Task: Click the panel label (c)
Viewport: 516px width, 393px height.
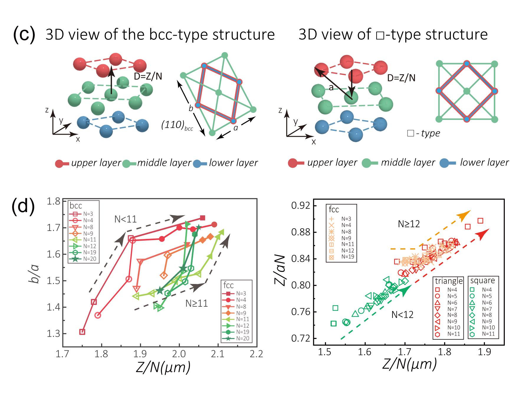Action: tap(24, 35)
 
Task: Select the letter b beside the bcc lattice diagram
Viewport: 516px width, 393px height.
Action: tap(191, 108)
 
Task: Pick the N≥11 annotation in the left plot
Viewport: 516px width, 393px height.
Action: tap(197, 303)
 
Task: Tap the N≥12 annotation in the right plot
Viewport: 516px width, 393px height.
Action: tap(409, 224)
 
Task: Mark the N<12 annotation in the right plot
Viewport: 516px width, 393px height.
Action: tap(402, 315)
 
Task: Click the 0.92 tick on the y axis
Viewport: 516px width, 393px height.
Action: tap(301, 206)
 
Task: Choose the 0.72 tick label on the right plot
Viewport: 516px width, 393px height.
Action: tap(301, 338)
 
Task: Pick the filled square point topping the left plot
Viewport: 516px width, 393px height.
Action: tap(203, 218)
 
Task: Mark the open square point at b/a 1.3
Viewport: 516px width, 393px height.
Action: tap(83, 332)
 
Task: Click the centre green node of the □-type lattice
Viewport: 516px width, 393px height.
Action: tap(466, 91)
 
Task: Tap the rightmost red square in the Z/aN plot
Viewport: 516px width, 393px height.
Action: tap(480, 221)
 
